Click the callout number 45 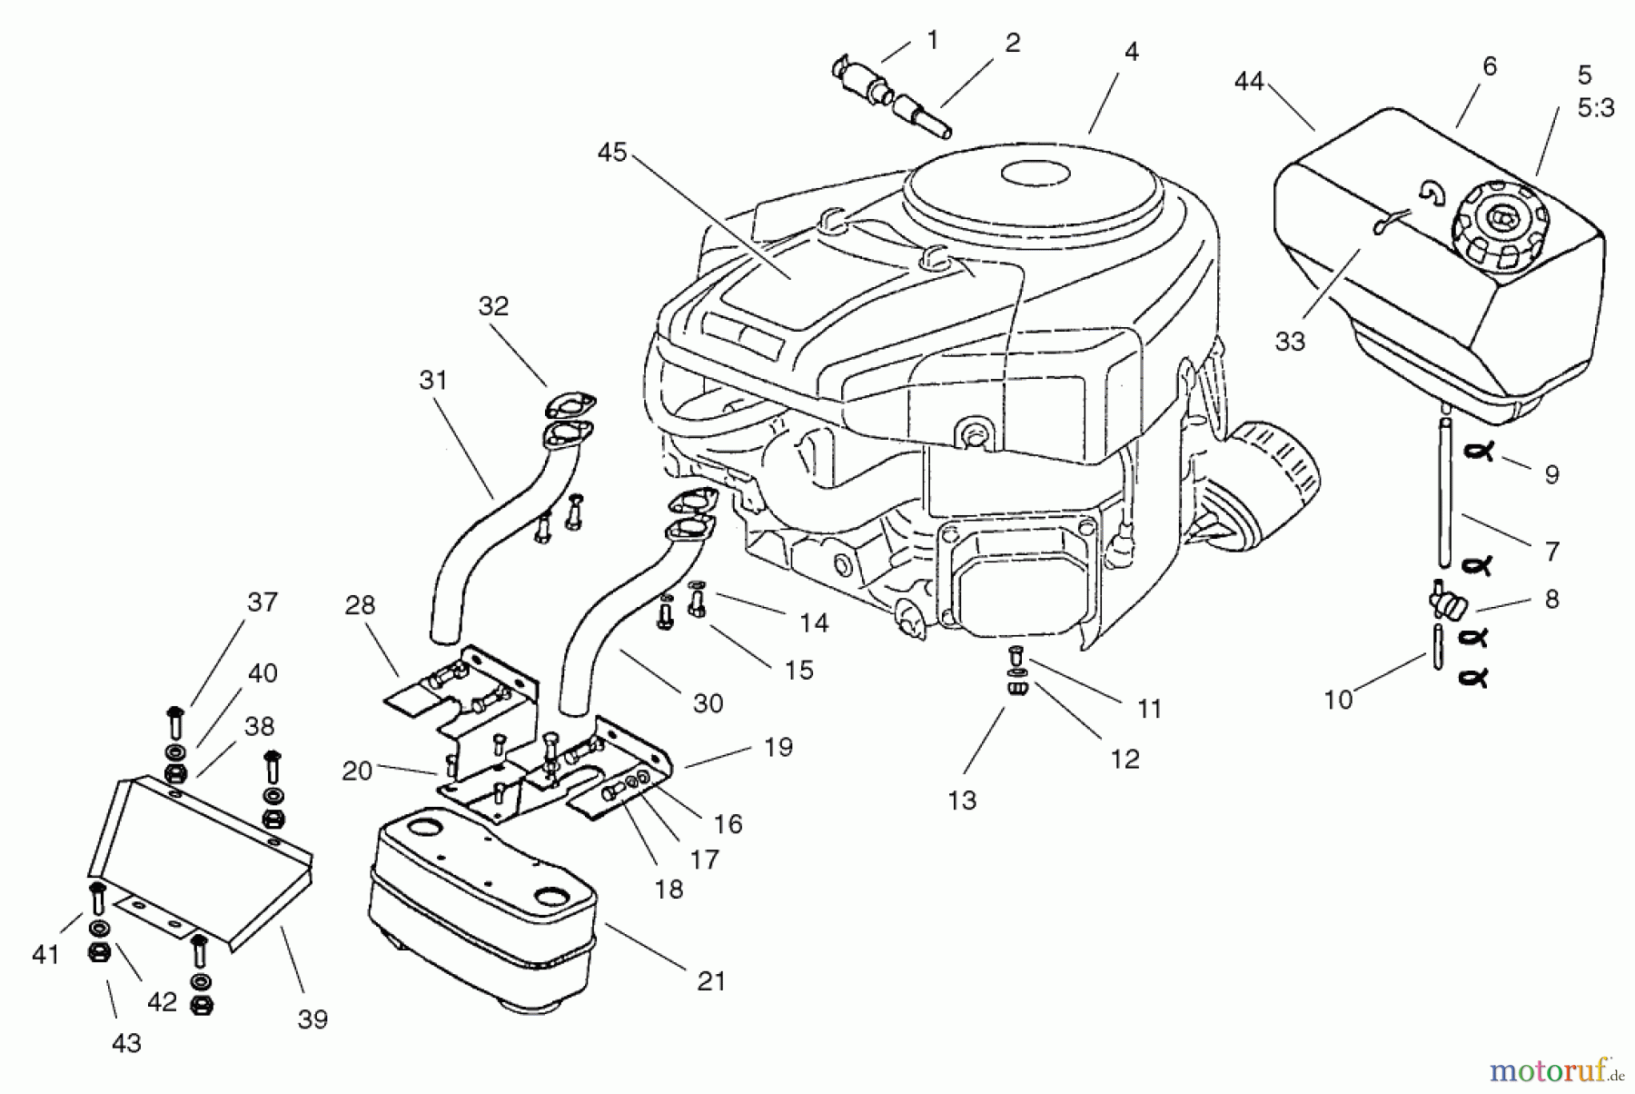612,153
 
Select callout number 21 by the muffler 711,981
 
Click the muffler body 481,909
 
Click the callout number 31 433,380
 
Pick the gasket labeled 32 570,405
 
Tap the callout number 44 1249,82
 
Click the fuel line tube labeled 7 1445,509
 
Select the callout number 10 1338,700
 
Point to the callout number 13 962,801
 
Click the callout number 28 361,605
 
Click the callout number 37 263,602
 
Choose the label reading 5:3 1595,109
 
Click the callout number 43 126,1043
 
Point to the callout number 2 1012,43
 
